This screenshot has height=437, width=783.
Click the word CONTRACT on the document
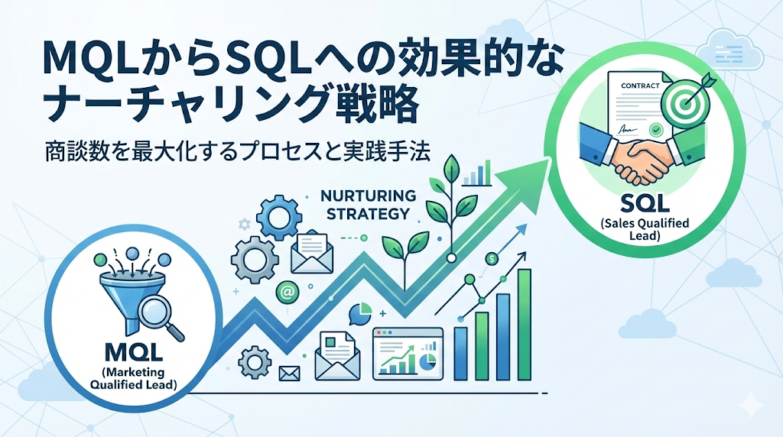(x=640, y=86)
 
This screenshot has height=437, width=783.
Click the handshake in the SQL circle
(x=642, y=154)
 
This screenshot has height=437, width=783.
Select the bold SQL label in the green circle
(x=645, y=203)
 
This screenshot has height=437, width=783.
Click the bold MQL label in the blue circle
(x=135, y=352)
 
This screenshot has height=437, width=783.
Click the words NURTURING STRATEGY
(x=368, y=204)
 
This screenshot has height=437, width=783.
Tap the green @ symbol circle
(x=287, y=292)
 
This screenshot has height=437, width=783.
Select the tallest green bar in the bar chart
(x=524, y=325)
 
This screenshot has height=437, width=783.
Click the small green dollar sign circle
(x=492, y=259)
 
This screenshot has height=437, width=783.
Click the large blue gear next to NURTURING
(x=279, y=218)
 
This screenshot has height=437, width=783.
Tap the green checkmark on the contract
(x=655, y=130)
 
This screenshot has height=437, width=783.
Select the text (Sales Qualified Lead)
(x=645, y=229)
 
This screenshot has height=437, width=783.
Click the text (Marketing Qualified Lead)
(x=133, y=379)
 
